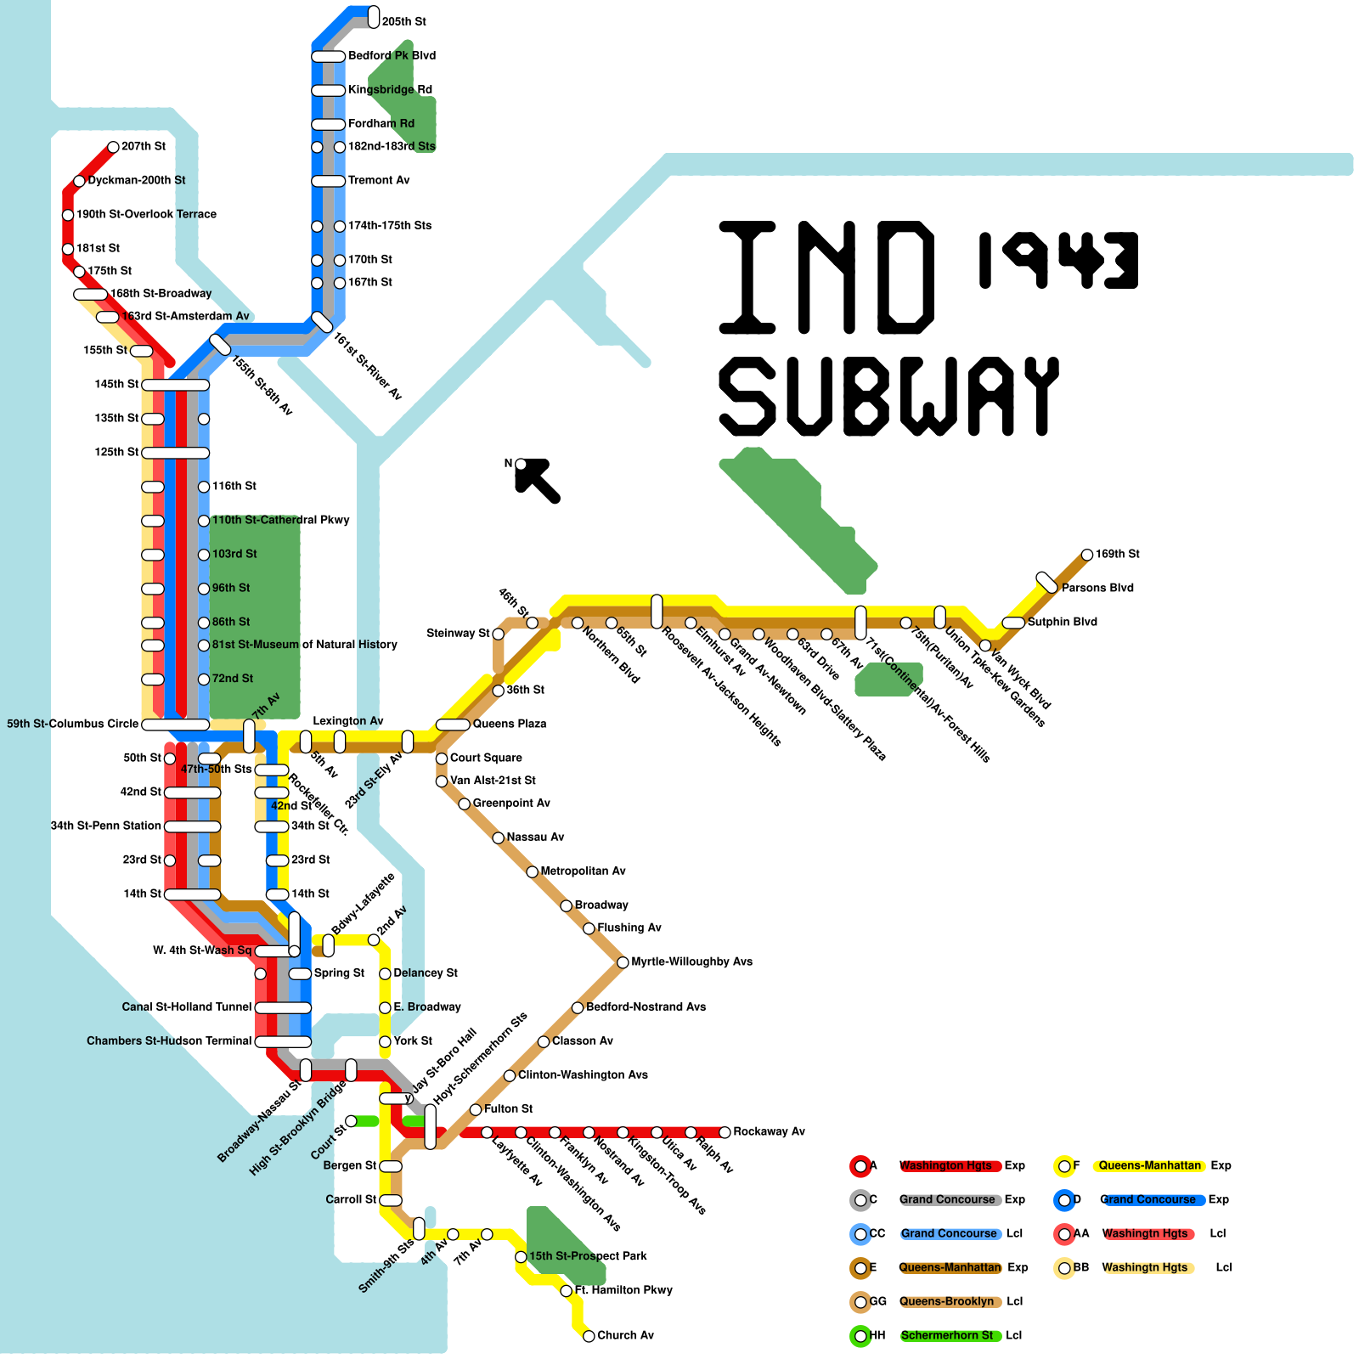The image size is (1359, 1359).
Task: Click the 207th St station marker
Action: pos(113,147)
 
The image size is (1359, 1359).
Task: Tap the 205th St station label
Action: pos(403,21)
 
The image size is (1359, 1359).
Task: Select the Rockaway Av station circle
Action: pos(725,1132)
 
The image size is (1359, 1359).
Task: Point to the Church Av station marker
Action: pos(589,1336)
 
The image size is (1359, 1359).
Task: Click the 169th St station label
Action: pos(1117,554)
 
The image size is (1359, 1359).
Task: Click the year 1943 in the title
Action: pos(1057,259)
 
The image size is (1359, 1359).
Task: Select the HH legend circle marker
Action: pos(860,1336)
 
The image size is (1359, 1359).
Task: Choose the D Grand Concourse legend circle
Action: pos(1064,1200)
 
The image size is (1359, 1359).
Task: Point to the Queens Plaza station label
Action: pos(510,724)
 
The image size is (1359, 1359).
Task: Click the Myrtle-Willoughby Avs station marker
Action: pos(623,962)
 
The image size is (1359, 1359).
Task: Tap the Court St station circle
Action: pos(351,1122)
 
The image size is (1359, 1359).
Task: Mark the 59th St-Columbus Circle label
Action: pos(72,724)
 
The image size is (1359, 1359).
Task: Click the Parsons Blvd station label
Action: pos(1097,588)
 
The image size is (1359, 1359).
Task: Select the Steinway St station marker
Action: pos(499,634)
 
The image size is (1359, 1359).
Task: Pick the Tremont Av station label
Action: pos(379,180)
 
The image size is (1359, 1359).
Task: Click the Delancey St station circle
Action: pos(385,973)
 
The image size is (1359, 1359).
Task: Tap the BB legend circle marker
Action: pos(1064,1268)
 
